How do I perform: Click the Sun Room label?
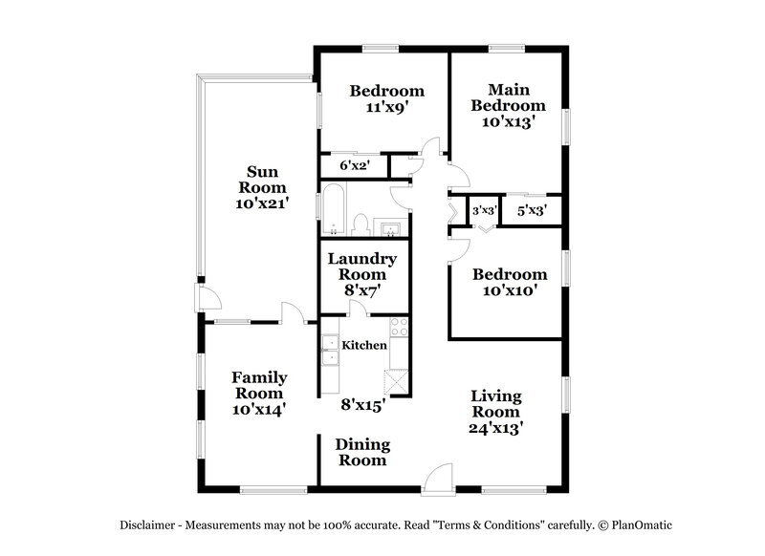[x=262, y=180]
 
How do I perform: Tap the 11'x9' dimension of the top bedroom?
[x=386, y=109]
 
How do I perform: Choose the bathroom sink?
[x=391, y=227]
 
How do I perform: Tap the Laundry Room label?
[x=361, y=267]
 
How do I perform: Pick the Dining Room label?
[x=361, y=452]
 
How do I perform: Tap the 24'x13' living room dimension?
[x=495, y=429]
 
